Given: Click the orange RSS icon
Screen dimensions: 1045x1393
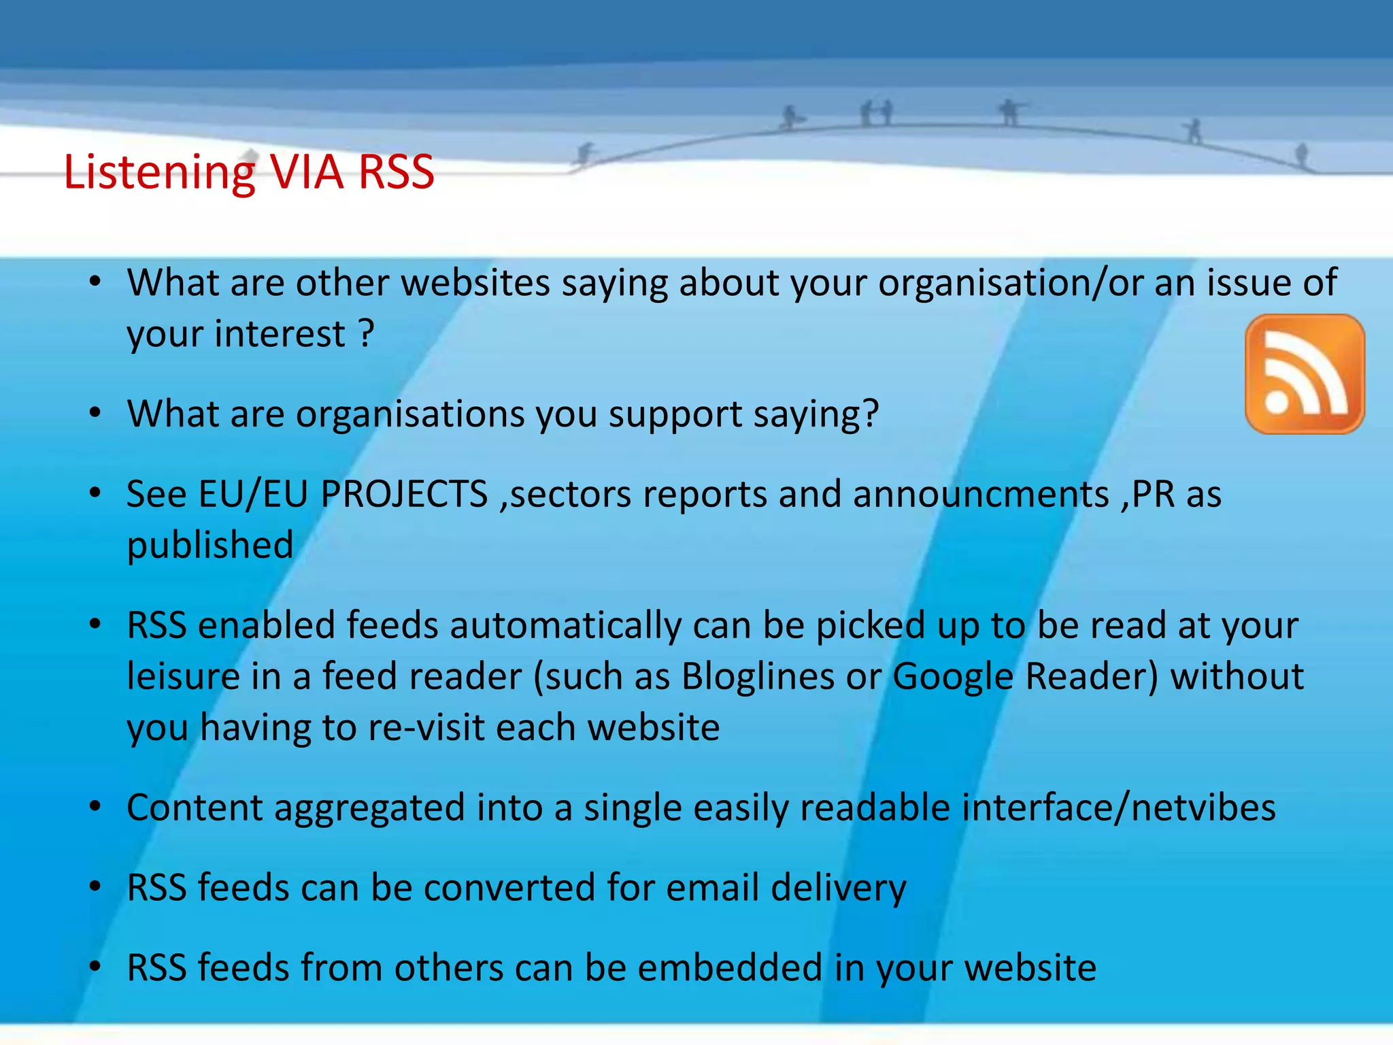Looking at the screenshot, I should click(1304, 374).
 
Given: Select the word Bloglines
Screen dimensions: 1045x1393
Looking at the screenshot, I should click(758, 677).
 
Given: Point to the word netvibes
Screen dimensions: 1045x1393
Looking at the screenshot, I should click(1203, 808).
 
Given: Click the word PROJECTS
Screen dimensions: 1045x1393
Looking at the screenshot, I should click(404, 494).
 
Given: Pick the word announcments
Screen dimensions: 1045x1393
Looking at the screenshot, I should click(981, 494).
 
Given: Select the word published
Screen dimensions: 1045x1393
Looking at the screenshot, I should click(210, 546).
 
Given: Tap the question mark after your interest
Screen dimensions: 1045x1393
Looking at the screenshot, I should click(366, 334).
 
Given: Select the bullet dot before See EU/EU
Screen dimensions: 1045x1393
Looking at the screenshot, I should click(95, 493).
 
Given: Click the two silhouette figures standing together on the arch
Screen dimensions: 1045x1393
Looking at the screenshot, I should click(876, 113).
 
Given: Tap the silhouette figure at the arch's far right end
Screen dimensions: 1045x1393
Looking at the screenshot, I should click(1301, 155).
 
